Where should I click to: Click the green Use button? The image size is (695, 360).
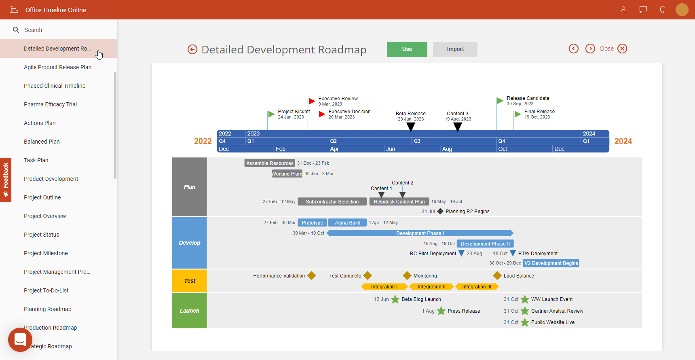pyautogui.click(x=407, y=49)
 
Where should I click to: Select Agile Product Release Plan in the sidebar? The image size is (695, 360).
pyautogui.click(x=57, y=67)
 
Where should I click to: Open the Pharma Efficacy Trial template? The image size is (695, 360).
pyautogui.click(x=50, y=104)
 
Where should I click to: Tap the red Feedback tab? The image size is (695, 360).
pyautogui.click(x=6, y=180)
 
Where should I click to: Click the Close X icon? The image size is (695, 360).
pyautogui.click(x=622, y=49)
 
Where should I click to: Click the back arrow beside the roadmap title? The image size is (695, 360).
pyautogui.click(x=192, y=49)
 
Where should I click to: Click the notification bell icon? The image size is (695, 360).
pyautogui.click(x=662, y=10)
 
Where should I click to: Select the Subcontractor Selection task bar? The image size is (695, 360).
pyautogui.click(x=332, y=201)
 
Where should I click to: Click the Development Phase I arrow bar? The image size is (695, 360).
pyautogui.click(x=420, y=233)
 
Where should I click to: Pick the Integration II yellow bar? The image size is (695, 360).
pyautogui.click(x=431, y=287)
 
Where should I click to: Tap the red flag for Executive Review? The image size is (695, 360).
pyautogui.click(x=312, y=101)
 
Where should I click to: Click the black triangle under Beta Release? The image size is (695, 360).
pyautogui.click(x=410, y=127)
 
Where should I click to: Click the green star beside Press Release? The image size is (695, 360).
pyautogui.click(x=441, y=311)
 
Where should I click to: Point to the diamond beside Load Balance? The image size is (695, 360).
pyautogui.click(x=497, y=276)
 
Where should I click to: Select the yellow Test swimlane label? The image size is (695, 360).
pyautogui.click(x=189, y=281)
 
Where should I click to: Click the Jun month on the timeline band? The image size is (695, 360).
pyautogui.click(x=391, y=149)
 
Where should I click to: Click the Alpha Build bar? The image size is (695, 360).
pyautogui.click(x=347, y=222)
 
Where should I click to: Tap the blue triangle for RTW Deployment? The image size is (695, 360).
pyautogui.click(x=513, y=253)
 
